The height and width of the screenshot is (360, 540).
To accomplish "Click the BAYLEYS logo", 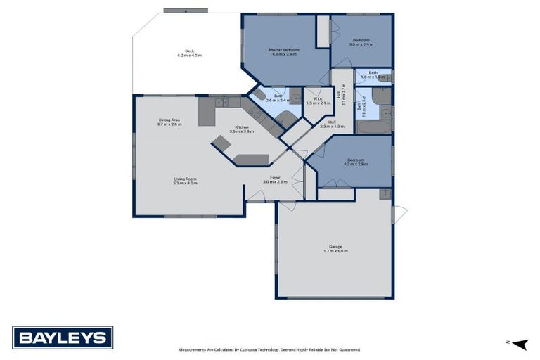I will coord(63,338).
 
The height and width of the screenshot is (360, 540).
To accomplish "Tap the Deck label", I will coord(189,51).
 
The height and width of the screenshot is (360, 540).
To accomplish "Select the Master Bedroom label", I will coord(284,50).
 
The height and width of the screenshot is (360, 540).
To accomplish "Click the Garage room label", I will coord(335,247).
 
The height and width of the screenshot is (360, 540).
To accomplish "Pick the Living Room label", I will coord(186,179).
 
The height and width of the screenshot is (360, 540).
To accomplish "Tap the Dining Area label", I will coord(169,120).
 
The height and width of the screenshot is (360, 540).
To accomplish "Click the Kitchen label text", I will coord(242,127).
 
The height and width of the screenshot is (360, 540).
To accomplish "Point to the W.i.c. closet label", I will coord(318,98).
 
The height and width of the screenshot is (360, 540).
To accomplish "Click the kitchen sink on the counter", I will coord(223,103).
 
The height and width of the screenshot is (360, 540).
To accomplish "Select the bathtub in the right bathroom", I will coord(372,127).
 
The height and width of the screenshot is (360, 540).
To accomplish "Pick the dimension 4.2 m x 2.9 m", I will coord(355,165).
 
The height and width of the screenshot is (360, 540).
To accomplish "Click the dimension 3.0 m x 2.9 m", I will coord(363,44).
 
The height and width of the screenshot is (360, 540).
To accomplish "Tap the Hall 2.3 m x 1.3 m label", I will coord(332,124).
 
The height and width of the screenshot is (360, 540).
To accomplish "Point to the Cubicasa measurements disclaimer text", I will coord(269,349).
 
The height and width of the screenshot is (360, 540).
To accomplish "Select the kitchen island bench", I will coord(251,160).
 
